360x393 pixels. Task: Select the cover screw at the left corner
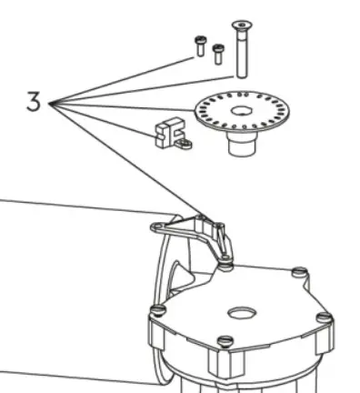click(x=157, y=310)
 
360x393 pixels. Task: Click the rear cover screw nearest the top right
click(x=298, y=272)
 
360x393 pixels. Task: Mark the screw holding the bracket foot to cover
click(x=224, y=264)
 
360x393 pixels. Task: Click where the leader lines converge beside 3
click(x=51, y=103)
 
